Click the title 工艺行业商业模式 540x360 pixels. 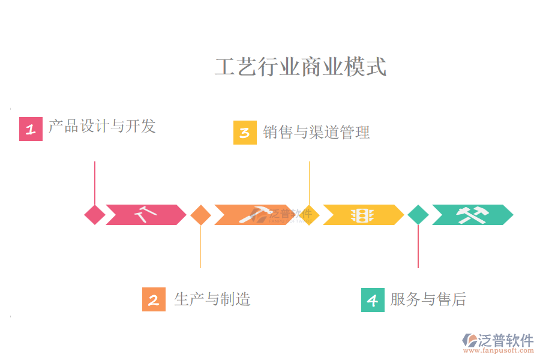point(301,67)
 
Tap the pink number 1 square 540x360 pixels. point(31,129)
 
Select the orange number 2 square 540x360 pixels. point(154,299)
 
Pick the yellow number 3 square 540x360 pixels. point(245,133)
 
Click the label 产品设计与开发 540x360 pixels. point(102,126)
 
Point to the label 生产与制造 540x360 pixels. point(212,299)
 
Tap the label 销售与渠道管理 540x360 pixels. point(316,132)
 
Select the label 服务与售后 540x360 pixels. point(428,299)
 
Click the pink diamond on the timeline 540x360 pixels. point(95,215)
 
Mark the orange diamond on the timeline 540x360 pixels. point(200,215)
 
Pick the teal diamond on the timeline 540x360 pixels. point(418,215)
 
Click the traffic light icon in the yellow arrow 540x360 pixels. point(362,215)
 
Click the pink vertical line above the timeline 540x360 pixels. point(95,182)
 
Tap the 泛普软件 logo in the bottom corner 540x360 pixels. point(498,341)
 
